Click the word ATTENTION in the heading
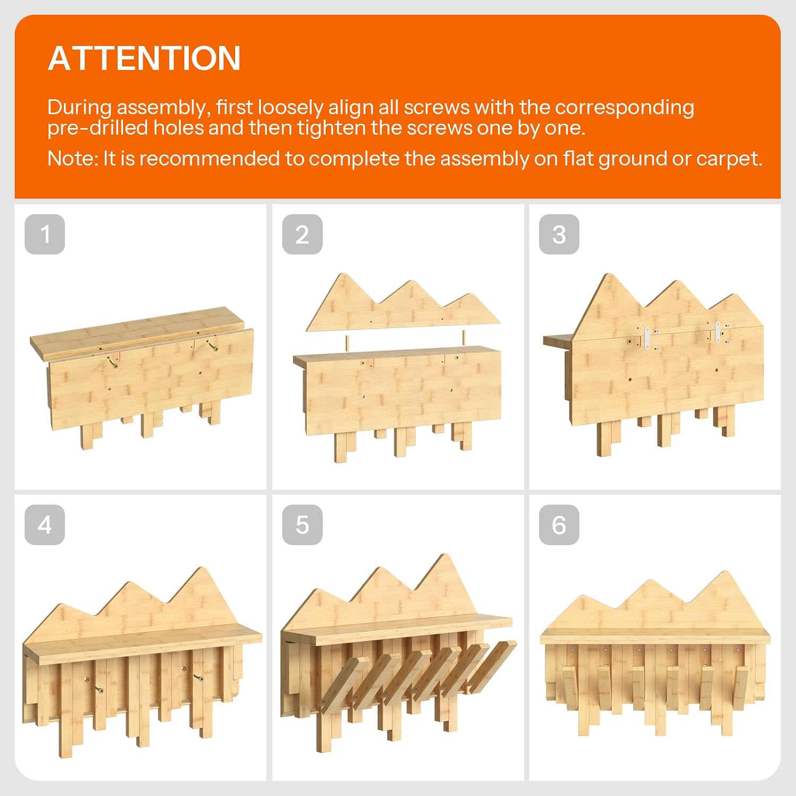144,58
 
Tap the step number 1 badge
45,234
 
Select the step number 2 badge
302,234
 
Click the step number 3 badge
559,234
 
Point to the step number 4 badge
45,525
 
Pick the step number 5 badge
302,525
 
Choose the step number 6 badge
559,525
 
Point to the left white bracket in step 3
647,339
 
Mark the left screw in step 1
113,364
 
